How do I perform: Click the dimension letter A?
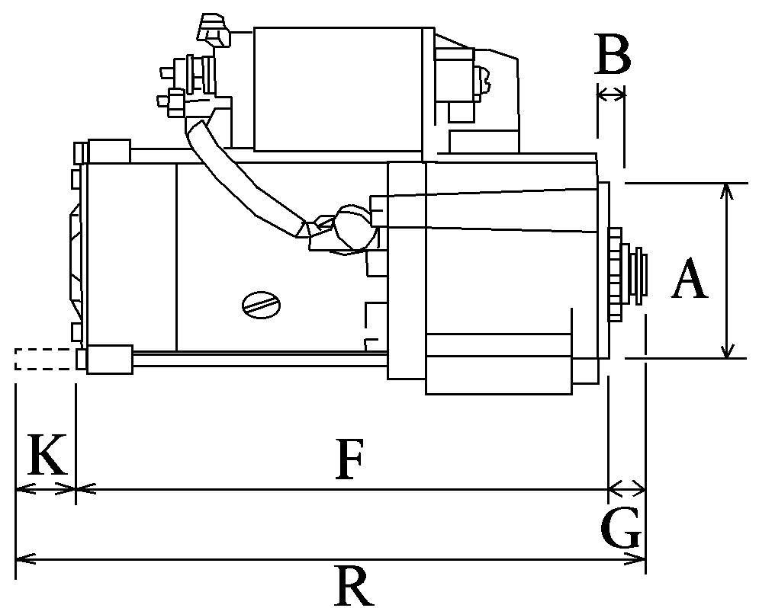click(x=690, y=280)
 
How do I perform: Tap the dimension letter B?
click(x=613, y=56)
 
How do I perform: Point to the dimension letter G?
click(x=620, y=529)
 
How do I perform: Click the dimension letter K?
click(x=47, y=455)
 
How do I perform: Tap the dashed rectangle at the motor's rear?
click(x=44, y=359)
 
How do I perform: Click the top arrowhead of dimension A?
click(x=727, y=190)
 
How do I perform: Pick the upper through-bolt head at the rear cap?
click(x=108, y=151)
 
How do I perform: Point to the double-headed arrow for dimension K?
click(x=46, y=488)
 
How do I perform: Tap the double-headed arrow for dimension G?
click(x=626, y=487)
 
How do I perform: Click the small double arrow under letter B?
click(x=611, y=94)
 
